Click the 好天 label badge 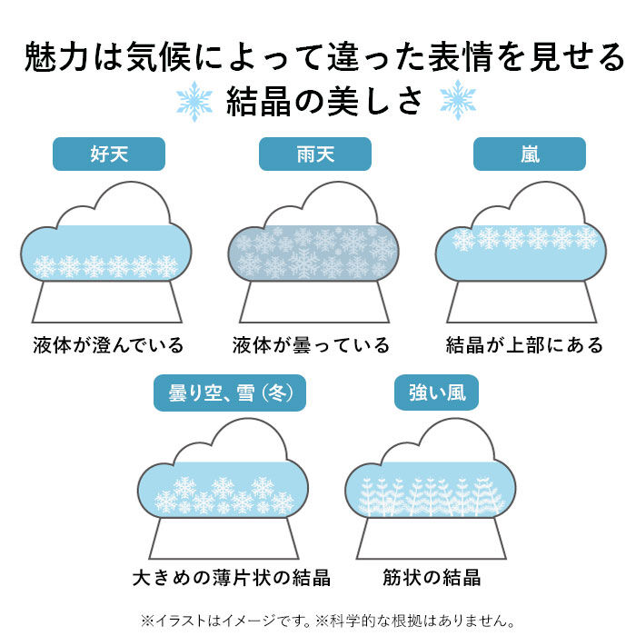click(109, 154)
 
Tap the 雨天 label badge click(315, 154)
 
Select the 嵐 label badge click(530, 154)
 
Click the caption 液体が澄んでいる click(108, 345)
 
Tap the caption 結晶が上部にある click(525, 345)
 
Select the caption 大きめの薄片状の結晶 click(231, 578)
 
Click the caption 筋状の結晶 click(432, 578)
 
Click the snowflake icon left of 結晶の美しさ click(194, 100)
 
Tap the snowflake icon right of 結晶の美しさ click(457, 100)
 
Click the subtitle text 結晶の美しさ click(325, 100)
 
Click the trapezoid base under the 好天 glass click(108, 302)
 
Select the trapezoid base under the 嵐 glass click(522, 302)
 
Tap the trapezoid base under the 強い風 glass click(431, 538)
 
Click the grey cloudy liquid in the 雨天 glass click(313, 253)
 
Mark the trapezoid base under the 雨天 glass click(313, 302)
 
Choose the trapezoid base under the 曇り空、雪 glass click(224, 538)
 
